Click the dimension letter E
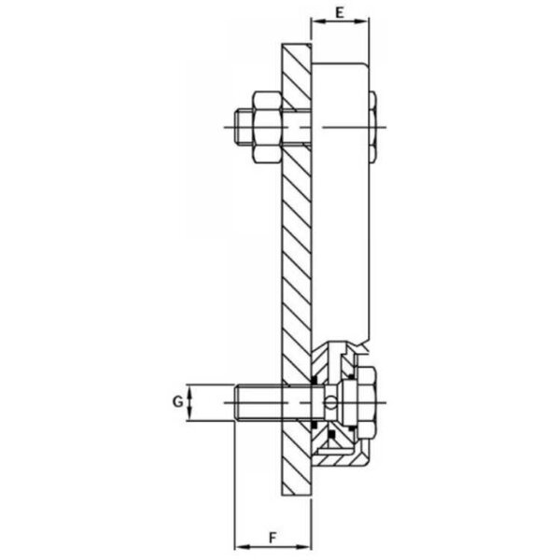(x=340, y=12)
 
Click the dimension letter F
(x=273, y=538)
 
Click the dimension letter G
(x=177, y=402)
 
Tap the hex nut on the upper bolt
(x=268, y=127)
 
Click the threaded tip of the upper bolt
(x=244, y=128)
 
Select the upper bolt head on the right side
(x=372, y=128)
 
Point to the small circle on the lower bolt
(x=331, y=402)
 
